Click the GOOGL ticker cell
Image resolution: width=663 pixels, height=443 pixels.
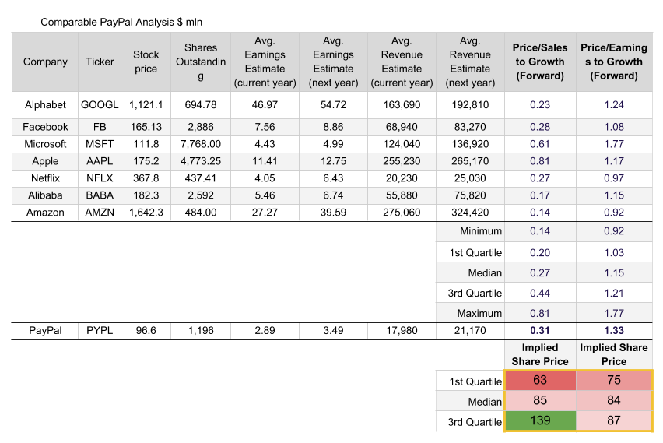100,105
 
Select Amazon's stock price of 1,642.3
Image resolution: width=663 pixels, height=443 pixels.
146,213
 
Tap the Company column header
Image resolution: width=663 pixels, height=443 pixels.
45,62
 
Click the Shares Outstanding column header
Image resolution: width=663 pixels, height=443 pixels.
201,62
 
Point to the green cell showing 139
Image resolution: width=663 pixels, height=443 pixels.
540,421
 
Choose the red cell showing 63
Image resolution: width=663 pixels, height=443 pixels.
540,381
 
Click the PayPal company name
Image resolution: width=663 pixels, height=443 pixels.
45,331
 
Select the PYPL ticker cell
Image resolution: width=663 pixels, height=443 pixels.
100,331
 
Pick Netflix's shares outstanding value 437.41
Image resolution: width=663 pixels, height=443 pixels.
201,177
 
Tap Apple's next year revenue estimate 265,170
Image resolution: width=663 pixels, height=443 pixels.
470,161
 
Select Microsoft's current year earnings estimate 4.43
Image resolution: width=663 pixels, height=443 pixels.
265,144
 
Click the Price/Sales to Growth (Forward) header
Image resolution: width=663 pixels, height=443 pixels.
540,62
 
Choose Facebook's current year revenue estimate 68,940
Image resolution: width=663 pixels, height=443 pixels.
402,127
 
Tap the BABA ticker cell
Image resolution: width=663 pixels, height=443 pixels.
100,195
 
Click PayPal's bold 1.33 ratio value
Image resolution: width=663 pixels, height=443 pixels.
614,331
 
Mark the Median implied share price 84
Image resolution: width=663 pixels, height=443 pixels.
614,401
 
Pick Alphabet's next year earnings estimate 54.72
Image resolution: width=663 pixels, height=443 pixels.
333,105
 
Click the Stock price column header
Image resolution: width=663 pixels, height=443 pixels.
146,62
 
